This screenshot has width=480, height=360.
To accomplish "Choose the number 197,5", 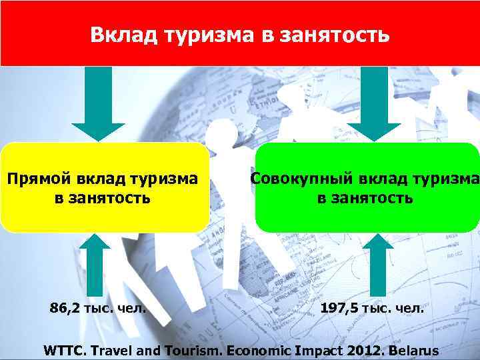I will tap(341, 308).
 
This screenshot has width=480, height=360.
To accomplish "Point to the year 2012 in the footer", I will tap(346, 349).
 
